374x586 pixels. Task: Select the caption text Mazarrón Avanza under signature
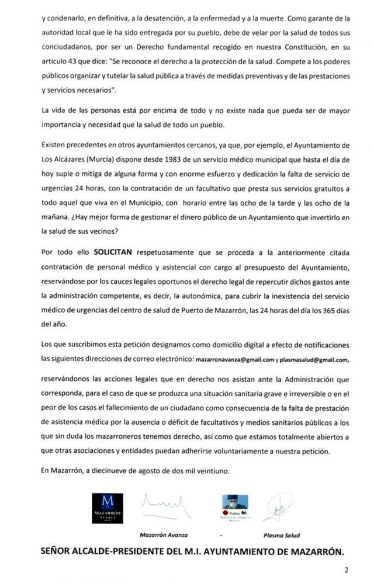pos(160,535)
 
